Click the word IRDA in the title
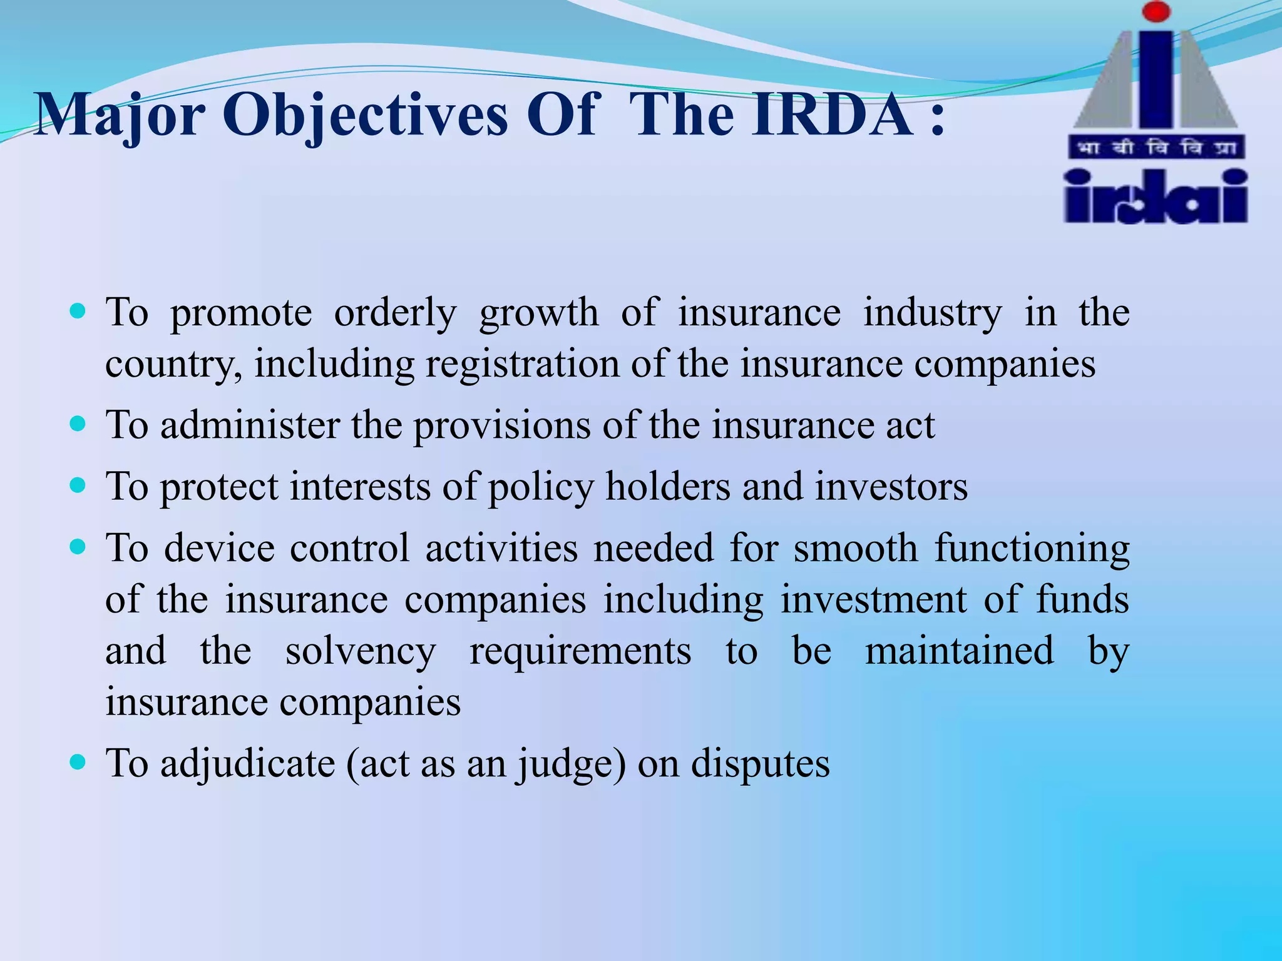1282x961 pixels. [833, 114]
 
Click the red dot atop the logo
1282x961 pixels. [1156, 12]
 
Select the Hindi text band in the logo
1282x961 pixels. [1156, 148]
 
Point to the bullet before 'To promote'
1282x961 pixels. [78, 311]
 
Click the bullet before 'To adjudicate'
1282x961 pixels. [78, 762]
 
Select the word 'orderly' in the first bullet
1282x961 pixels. [395, 312]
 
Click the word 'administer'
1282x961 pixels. [249, 425]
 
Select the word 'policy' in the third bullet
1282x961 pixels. [540, 488]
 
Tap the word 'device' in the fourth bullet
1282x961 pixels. [219, 548]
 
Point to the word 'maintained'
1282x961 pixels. [959, 651]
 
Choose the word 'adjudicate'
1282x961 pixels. [248, 764]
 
